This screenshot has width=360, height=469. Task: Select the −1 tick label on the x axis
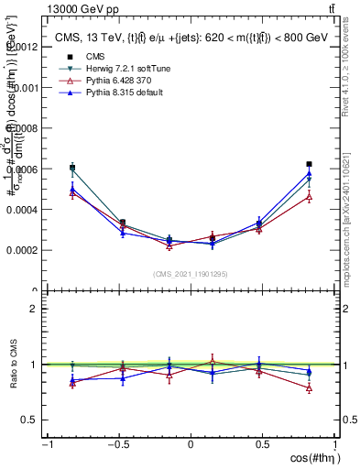pyautogui.click(x=45, y=444)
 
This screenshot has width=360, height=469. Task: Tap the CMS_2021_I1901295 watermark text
pyautogui.click(x=191, y=274)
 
